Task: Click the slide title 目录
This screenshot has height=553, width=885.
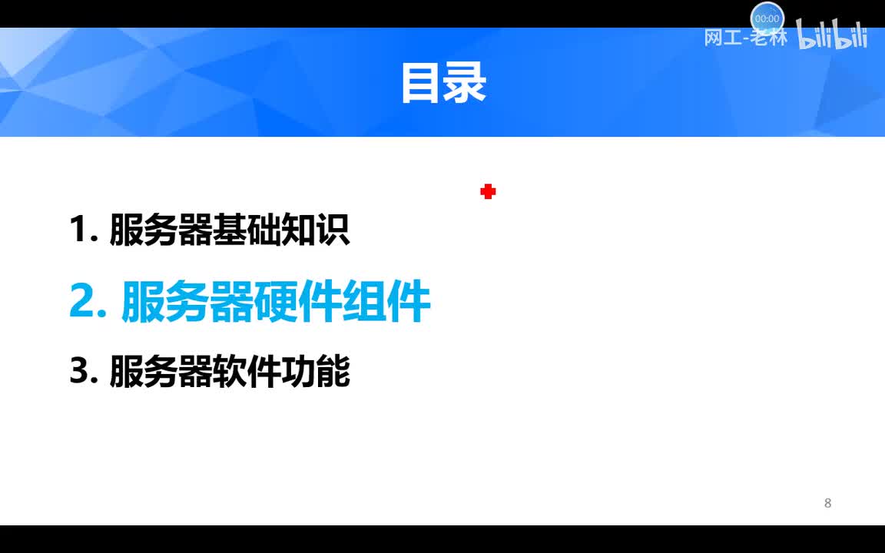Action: [x=443, y=83]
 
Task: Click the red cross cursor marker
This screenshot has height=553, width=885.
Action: [x=488, y=191]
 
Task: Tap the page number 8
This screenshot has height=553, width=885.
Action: [x=827, y=503]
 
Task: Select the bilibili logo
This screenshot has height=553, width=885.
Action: [x=832, y=35]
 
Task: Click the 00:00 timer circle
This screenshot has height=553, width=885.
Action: [x=767, y=18]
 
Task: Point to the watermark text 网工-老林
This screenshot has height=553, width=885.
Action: [x=745, y=38]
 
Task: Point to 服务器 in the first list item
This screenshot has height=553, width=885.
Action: [x=161, y=230]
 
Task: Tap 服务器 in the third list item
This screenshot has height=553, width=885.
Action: [x=161, y=372]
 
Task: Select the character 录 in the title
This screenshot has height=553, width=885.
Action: [x=466, y=83]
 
